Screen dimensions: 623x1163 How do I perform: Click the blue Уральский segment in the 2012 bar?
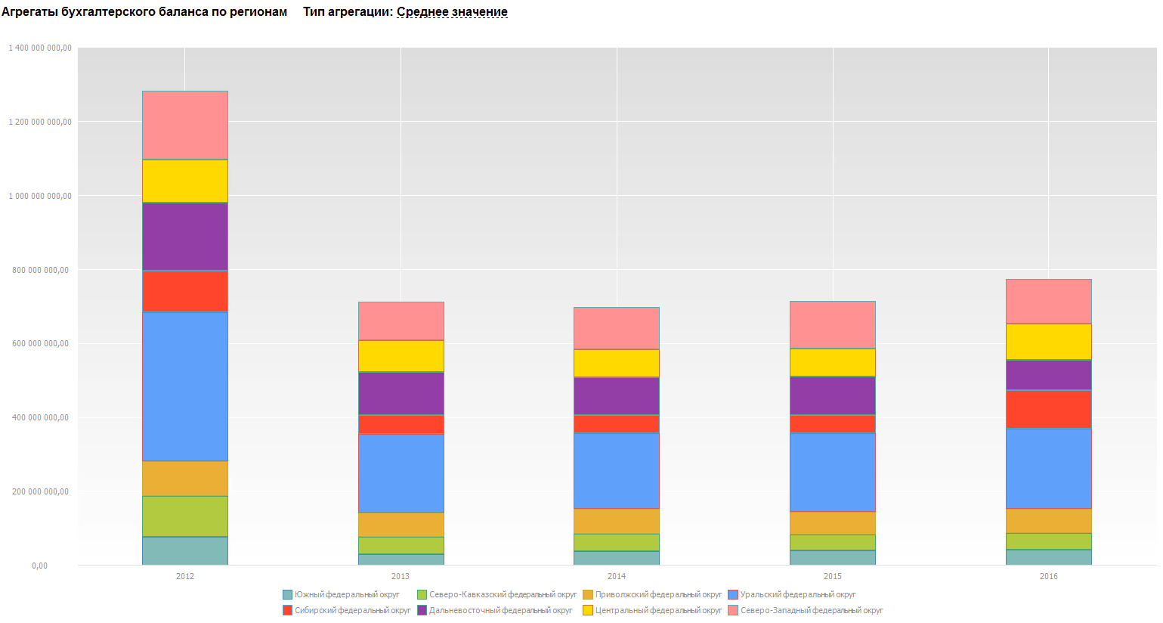(185, 386)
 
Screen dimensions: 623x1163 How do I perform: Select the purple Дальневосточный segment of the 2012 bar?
(185, 237)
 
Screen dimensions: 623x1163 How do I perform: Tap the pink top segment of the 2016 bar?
(1048, 302)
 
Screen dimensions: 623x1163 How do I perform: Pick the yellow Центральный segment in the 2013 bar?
(401, 356)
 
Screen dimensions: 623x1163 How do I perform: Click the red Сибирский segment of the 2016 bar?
(1048, 409)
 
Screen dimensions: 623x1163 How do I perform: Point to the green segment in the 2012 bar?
(185, 516)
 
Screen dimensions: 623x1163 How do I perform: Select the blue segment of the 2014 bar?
(616, 470)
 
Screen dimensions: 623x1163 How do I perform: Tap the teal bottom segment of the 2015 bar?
(832, 557)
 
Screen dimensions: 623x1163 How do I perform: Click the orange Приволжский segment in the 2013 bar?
(401, 525)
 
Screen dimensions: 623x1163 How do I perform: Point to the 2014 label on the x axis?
(616, 576)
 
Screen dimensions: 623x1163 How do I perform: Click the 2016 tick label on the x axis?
(1048, 576)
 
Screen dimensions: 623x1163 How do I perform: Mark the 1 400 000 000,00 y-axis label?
(40, 48)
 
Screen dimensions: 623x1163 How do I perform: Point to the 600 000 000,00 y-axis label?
(40, 344)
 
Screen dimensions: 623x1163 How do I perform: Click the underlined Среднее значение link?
(452, 12)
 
